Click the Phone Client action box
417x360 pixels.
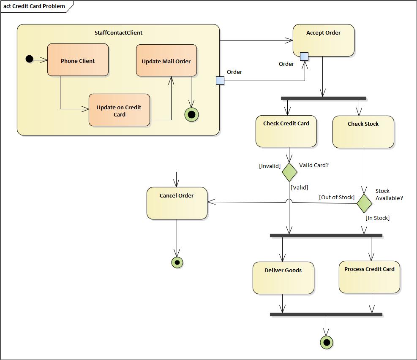(x=78, y=60)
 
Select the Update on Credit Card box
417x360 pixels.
(x=119, y=110)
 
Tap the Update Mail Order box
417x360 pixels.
(x=166, y=60)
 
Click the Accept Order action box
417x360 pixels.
(x=323, y=40)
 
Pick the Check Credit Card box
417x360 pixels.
(x=286, y=131)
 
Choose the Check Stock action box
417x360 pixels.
(x=363, y=132)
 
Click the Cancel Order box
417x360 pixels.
(x=177, y=203)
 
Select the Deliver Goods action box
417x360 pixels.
(x=283, y=278)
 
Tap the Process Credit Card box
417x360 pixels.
(x=369, y=277)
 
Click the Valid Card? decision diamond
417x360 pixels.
(x=289, y=172)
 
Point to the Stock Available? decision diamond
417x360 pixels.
(x=364, y=203)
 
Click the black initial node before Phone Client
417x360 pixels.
(x=29, y=59)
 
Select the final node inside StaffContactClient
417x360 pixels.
(x=192, y=114)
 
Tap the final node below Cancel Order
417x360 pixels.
(x=177, y=263)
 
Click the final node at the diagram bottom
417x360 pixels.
(x=327, y=342)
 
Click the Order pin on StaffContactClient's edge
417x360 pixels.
(x=220, y=81)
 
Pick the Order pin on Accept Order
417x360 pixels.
(x=304, y=57)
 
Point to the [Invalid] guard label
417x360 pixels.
(x=270, y=166)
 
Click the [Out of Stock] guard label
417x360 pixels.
(x=337, y=198)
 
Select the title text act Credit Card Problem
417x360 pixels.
(x=34, y=6)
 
